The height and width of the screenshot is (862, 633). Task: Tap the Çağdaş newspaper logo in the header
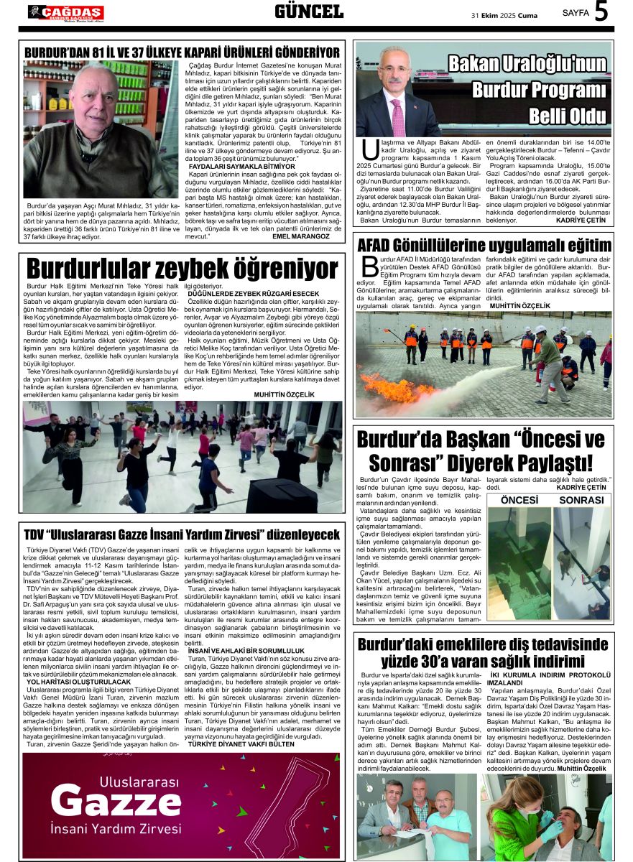click(65, 12)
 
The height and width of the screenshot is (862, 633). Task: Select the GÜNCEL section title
click(309, 11)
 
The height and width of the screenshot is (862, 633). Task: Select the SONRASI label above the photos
click(581, 499)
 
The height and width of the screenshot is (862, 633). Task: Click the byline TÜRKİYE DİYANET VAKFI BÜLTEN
click(241, 744)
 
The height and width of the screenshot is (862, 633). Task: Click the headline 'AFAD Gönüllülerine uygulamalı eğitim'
click(484, 245)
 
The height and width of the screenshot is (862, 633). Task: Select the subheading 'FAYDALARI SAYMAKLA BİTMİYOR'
click(231, 166)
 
